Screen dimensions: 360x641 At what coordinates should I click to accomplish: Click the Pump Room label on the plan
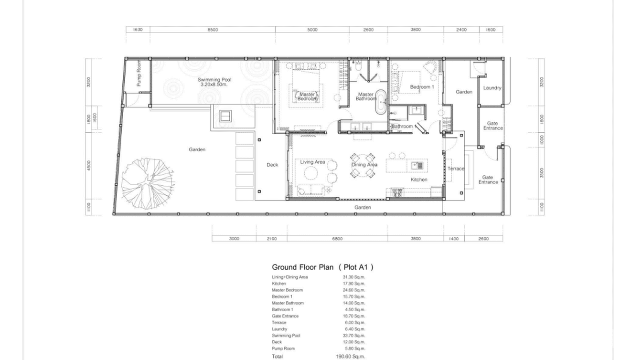(x=139, y=74)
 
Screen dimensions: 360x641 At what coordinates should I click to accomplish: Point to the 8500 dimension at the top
(x=213, y=30)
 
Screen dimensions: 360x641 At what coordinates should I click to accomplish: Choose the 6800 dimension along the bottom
(x=337, y=238)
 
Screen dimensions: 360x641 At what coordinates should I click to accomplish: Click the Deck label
(x=272, y=165)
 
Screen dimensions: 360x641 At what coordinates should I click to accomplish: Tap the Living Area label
(x=312, y=162)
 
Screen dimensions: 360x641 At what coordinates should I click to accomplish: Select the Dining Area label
(x=364, y=165)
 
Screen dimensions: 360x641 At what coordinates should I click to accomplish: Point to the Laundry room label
(x=492, y=88)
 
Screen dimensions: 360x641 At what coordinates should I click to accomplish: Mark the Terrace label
(x=456, y=169)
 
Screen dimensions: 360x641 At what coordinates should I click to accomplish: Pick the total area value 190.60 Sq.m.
(x=350, y=357)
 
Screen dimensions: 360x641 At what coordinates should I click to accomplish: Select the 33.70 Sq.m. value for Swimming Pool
(x=353, y=336)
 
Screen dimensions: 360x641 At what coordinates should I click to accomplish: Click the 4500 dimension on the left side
(x=89, y=165)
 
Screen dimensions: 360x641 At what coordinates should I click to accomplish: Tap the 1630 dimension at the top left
(x=138, y=30)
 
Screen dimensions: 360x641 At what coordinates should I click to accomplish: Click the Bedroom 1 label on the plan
(x=422, y=87)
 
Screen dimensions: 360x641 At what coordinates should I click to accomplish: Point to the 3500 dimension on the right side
(x=541, y=172)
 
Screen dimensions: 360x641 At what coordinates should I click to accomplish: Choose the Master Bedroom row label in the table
(x=287, y=290)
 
